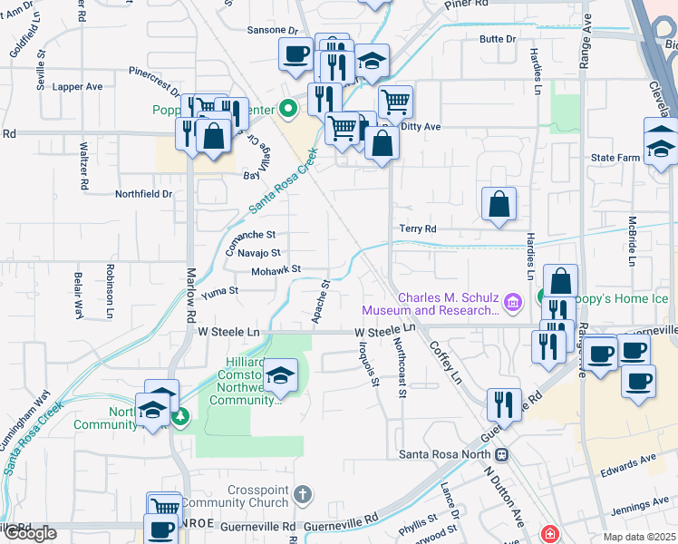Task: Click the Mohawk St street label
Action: [276, 269]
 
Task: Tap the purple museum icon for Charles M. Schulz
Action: [513, 301]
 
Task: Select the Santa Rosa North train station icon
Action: [500, 454]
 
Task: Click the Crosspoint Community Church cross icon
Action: [303, 494]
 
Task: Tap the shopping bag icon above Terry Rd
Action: [499, 204]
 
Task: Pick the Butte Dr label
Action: [498, 39]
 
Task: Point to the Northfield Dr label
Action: [143, 194]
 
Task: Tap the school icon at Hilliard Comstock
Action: [281, 376]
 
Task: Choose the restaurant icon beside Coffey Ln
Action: [503, 404]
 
